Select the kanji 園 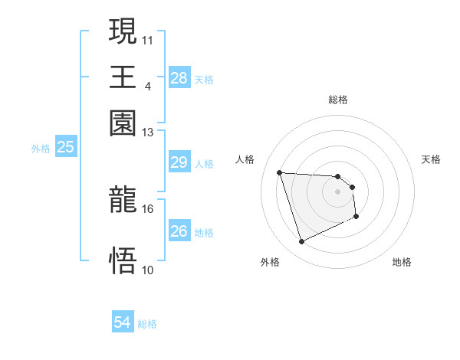tap(123, 123)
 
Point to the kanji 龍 tap(123, 201)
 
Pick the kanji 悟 tap(123, 260)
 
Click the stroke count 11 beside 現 tap(148, 38)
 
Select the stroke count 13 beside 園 tap(148, 133)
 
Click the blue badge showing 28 tap(179, 78)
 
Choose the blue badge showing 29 tap(179, 162)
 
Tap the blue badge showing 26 tap(179, 231)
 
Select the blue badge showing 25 tap(65, 147)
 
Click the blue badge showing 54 tap(122, 323)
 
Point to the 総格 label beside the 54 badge tap(147, 324)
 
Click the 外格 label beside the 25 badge tap(40, 149)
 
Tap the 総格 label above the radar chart tap(338, 100)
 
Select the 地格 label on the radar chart tap(402, 262)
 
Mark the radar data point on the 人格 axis tap(280, 172)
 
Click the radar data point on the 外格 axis tap(301, 242)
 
